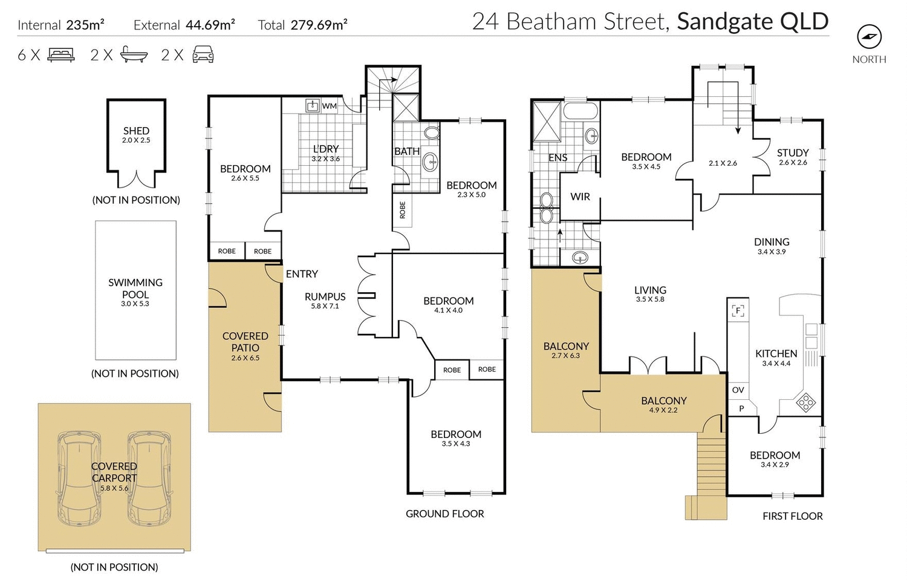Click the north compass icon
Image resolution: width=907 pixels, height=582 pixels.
pyautogui.click(x=869, y=38)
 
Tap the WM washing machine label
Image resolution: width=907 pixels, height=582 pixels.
pyautogui.click(x=329, y=106)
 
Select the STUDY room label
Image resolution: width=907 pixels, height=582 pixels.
pyautogui.click(x=792, y=153)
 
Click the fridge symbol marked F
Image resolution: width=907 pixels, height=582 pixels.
pyautogui.click(x=737, y=310)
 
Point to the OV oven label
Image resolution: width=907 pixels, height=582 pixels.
pyautogui.click(x=738, y=390)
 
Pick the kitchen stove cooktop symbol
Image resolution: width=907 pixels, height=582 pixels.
pyautogui.click(x=805, y=402)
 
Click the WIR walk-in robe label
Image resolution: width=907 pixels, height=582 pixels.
pyautogui.click(x=580, y=197)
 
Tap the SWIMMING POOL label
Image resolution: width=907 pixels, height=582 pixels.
pyautogui.click(x=135, y=289)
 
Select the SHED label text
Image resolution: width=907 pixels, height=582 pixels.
pyautogui.click(x=136, y=131)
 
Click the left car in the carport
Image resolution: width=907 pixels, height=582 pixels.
pyautogui.click(x=79, y=478)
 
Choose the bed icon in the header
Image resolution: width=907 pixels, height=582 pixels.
pyautogui.click(x=60, y=55)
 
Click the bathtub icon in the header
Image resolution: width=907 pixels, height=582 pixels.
pyautogui.click(x=134, y=55)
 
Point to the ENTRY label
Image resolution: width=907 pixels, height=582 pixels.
pyautogui.click(x=302, y=274)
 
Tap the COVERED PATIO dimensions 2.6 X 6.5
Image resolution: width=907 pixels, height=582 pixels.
pyautogui.click(x=245, y=358)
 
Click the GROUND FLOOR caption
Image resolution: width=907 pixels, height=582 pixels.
pyautogui.click(x=444, y=514)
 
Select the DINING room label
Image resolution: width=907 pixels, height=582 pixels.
pyautogui.click(x=772, y=242)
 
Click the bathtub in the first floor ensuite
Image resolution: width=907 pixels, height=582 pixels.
pyautogui.click(x=580, y=113)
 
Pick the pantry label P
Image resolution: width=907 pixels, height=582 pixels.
pyautogui.click(x=741, y=409)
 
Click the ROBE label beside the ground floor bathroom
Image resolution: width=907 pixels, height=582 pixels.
pyautogui.click(x=403, y=210)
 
